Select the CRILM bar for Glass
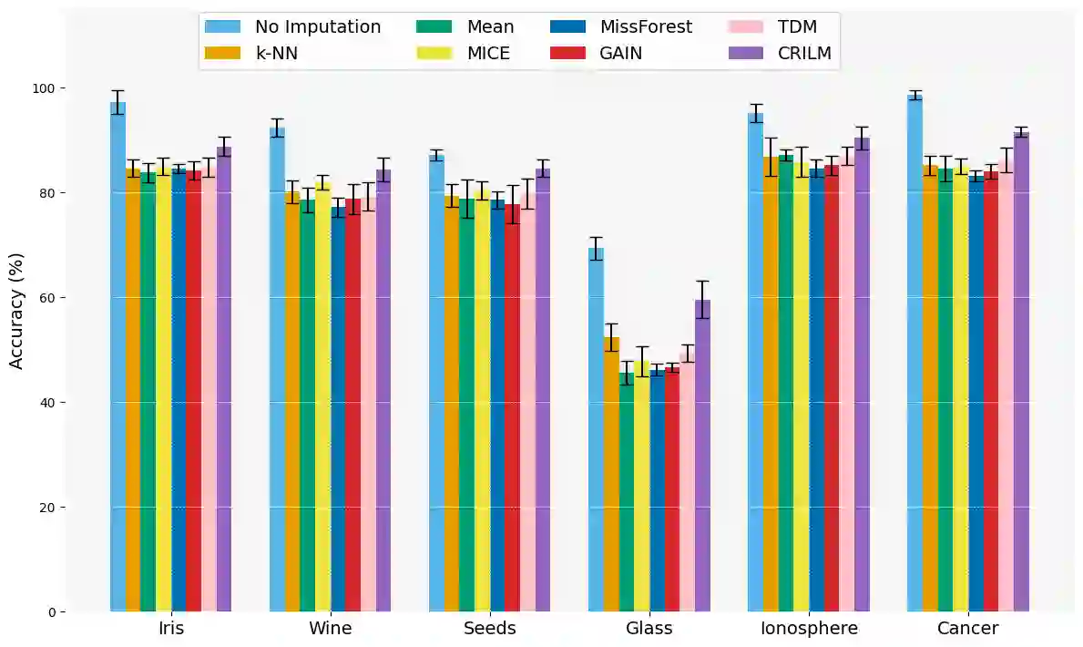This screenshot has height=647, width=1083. (702, 456)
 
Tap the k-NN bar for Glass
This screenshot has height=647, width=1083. (611, 474)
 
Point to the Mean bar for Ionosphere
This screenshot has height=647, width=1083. (786, 383)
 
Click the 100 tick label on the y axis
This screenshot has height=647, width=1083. (43, 88)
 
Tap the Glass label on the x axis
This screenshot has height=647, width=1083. (649, 629)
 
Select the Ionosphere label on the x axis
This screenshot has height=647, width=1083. (809, 629)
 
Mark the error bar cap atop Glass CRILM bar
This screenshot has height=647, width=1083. (702, 282)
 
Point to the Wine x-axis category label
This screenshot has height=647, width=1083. (330, 629)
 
